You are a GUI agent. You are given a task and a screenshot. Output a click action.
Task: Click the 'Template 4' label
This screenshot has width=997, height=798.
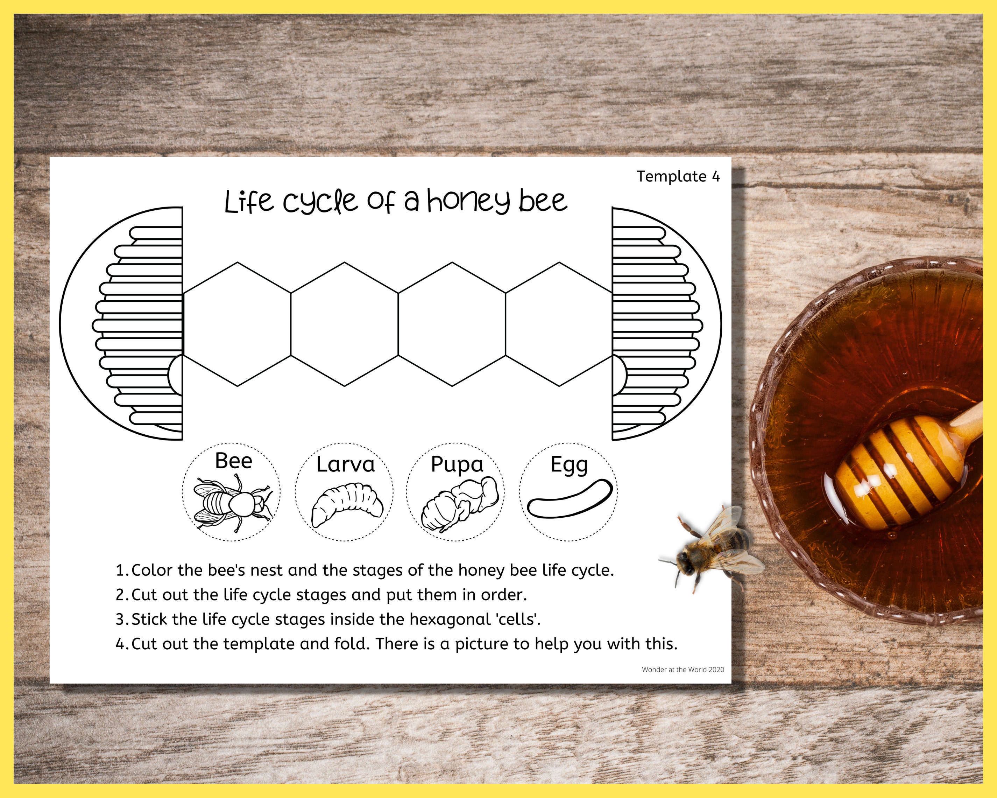pos(678,176)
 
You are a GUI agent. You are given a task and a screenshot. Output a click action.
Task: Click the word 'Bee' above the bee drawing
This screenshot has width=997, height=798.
pos(234,461)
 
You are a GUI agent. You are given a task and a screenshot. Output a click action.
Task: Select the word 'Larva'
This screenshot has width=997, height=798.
pos(345,464)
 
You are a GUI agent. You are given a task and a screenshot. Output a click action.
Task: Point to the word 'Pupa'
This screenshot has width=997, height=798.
pos(457,464)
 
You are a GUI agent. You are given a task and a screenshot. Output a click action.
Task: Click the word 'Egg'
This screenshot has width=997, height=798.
pos(569,465)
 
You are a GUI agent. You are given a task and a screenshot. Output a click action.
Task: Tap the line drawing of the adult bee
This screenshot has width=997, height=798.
pos(232,504)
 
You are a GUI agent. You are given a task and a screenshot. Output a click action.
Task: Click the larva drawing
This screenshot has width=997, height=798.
pos(347,504)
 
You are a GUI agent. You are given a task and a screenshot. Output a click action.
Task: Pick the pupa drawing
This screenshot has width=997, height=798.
pos(460,504)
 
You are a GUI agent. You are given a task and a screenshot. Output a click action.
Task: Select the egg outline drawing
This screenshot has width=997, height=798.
pos(570,498)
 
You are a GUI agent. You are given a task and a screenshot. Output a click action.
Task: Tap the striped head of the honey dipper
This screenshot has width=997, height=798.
pos(895,472)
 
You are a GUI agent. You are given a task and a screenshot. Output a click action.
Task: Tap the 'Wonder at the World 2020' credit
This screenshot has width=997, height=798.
pos(683,670)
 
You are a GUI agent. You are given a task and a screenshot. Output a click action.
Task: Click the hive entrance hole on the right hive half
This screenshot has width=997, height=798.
pos(619,375)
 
